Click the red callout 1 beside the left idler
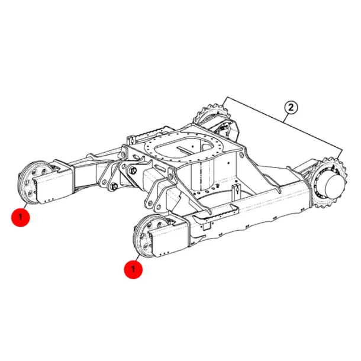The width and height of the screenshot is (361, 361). point(21,217)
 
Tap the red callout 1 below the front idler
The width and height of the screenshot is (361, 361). point(133,269)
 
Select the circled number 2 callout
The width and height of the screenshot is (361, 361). point(291,108)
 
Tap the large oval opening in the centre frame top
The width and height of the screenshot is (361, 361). point(179,150)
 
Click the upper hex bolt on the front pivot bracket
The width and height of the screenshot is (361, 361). point(133,170)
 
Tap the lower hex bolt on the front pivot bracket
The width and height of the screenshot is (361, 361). point(113,186)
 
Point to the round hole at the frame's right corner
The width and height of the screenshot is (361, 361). point(241,154)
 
